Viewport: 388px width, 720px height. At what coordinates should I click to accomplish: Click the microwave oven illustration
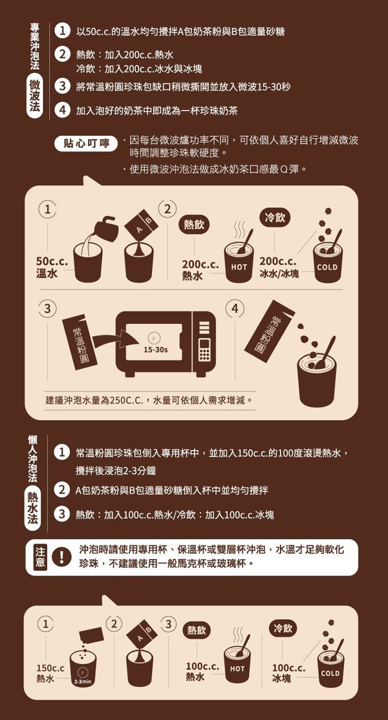pyautogui.click(x=166, y=344)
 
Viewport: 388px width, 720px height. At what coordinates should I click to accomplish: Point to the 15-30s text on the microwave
pyautogui.click(x=156, y=350)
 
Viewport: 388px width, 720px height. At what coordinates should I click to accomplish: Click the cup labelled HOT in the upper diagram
pyautogui.click(x=239, y=262)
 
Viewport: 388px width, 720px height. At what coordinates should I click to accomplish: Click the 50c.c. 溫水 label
pyautogui.click(x=52, y=268)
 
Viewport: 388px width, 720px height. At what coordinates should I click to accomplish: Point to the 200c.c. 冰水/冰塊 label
pyautogui.click(x=279, y=268)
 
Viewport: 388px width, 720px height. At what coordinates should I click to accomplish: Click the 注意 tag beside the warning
pyautogui.click(x=40, y=557)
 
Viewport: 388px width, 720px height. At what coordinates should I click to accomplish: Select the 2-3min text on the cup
pyautogui.click(x=83, y=682)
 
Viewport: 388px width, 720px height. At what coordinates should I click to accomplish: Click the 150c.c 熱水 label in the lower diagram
pyautogui.click(x=50, y=673)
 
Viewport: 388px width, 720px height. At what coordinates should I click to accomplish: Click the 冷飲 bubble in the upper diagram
pyautogui.click(x=275, y=218)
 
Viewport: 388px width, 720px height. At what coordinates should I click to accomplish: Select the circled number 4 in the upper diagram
pyautogui.click(x=235, y=308)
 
